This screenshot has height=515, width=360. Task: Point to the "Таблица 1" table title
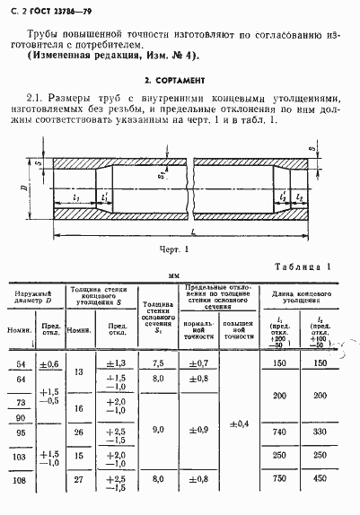point(303,266)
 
